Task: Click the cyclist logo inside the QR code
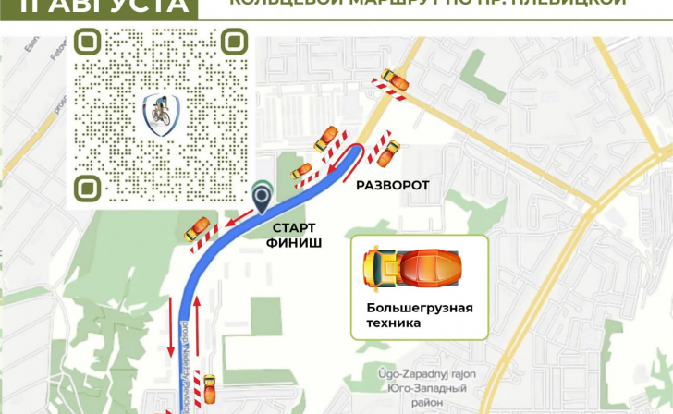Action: [x=161, y=114]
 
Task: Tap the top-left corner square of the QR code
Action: [x=90, y=42]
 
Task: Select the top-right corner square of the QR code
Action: [x=234, y=42]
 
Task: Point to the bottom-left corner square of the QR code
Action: [x=90, y=187]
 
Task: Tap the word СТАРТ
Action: [x=294, y=227]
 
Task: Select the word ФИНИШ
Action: [x=294, y=243]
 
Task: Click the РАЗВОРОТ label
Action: [x=393, y=186]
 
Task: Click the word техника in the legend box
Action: [x=394, y=323]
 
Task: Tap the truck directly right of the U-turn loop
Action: [x=387, y=152]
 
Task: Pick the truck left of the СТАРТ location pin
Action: [x=197, y=227]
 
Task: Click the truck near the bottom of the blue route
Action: [x=209, y=388]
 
